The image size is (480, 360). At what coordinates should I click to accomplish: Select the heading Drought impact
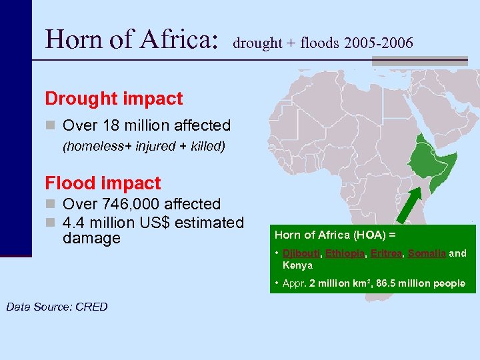coord(113,99)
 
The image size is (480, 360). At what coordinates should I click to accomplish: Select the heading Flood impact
coord(103,183)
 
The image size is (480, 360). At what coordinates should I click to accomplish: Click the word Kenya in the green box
coord(297,265)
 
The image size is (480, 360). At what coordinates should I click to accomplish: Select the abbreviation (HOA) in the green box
coord(355,235)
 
